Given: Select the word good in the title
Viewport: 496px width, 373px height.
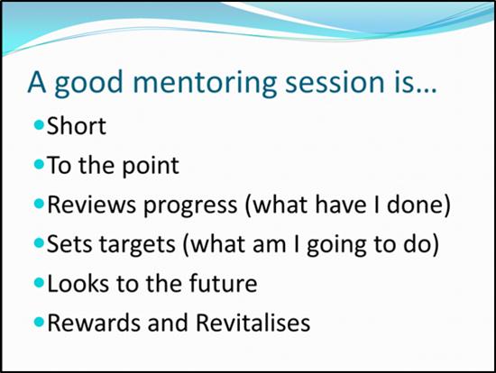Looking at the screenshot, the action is click(x=89, y=83).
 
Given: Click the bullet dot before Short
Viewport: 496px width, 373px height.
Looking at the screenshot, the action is click(x=39, y=125).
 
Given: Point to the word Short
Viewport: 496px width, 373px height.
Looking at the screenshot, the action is click(x=77, y=126).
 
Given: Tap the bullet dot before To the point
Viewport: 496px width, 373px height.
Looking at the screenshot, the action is click(x=39, y=164).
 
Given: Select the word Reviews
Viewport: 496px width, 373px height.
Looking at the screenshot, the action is click(x=91, y=205).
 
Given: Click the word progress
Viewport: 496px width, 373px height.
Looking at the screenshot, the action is click(x=190, y=206).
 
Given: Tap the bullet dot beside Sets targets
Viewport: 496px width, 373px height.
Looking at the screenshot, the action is click(x=39, y=242).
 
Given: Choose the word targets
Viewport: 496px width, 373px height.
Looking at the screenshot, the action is click(x=137, y=245).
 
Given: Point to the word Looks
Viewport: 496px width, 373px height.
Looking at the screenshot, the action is click(x=78, y=283).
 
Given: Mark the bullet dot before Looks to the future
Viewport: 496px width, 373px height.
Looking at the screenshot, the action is click(x=39, y=283).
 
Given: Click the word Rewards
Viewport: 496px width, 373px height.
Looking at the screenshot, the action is click(x=93, y=323).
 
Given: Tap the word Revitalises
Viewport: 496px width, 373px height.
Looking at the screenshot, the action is click(x=253, y=323).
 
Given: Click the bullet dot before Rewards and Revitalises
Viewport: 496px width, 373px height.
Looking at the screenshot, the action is click(x=39, y=323).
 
